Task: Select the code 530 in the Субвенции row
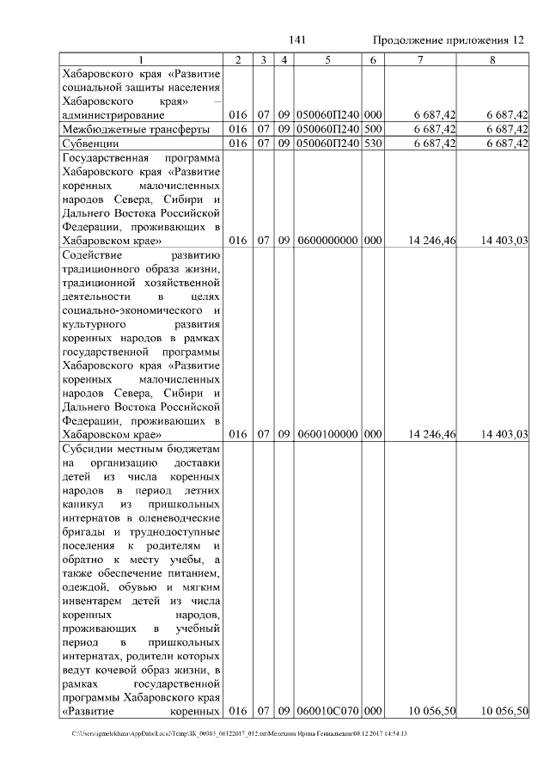tap(373, 144)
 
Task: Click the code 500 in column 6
tap(373, 129)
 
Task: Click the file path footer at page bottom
tap(240, 733)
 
